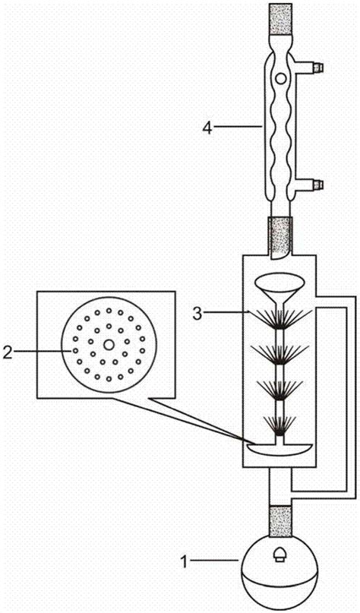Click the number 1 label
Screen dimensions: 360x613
(184, 562)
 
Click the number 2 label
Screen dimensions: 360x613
(8, 352)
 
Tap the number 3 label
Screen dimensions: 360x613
(198, 313)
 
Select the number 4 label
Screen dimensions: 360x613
(207, 128)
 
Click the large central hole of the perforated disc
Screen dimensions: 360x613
(109, 344)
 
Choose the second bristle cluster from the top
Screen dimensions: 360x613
(279, 355)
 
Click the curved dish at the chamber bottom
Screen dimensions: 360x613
(279, 450)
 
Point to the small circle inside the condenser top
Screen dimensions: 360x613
(280, 78)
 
